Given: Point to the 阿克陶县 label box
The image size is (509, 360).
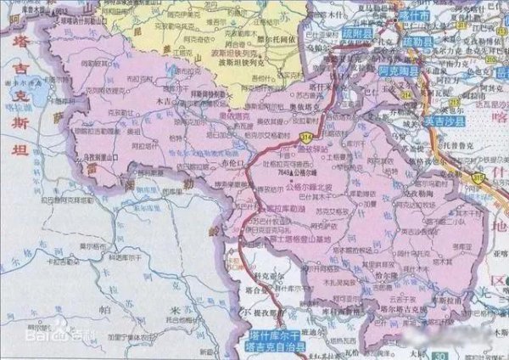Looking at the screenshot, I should coord(399,74).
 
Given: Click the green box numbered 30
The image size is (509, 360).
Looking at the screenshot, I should coord(438,354).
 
